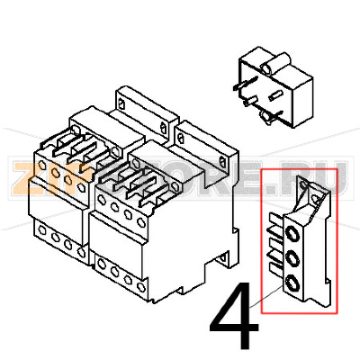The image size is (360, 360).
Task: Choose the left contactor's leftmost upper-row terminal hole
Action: pos(40,170)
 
